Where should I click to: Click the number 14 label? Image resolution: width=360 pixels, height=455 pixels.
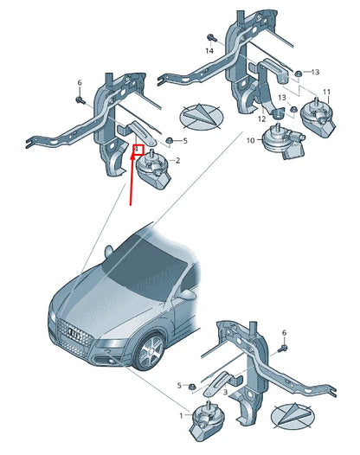(x=209, y=52)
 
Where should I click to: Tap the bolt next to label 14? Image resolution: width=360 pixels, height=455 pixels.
(x=210, y=37)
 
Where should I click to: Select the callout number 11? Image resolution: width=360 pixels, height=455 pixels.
(x=326, y=92)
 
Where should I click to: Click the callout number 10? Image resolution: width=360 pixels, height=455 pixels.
(x=251, y=140)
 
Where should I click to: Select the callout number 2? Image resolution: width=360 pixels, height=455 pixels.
(x=177, y=161)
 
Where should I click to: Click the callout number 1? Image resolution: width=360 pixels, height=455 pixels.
(x=181, y=416)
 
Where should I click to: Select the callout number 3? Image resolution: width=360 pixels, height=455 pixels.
(x=225, y=392)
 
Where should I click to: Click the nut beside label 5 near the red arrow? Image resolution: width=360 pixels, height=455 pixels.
(x=170, y=140)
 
